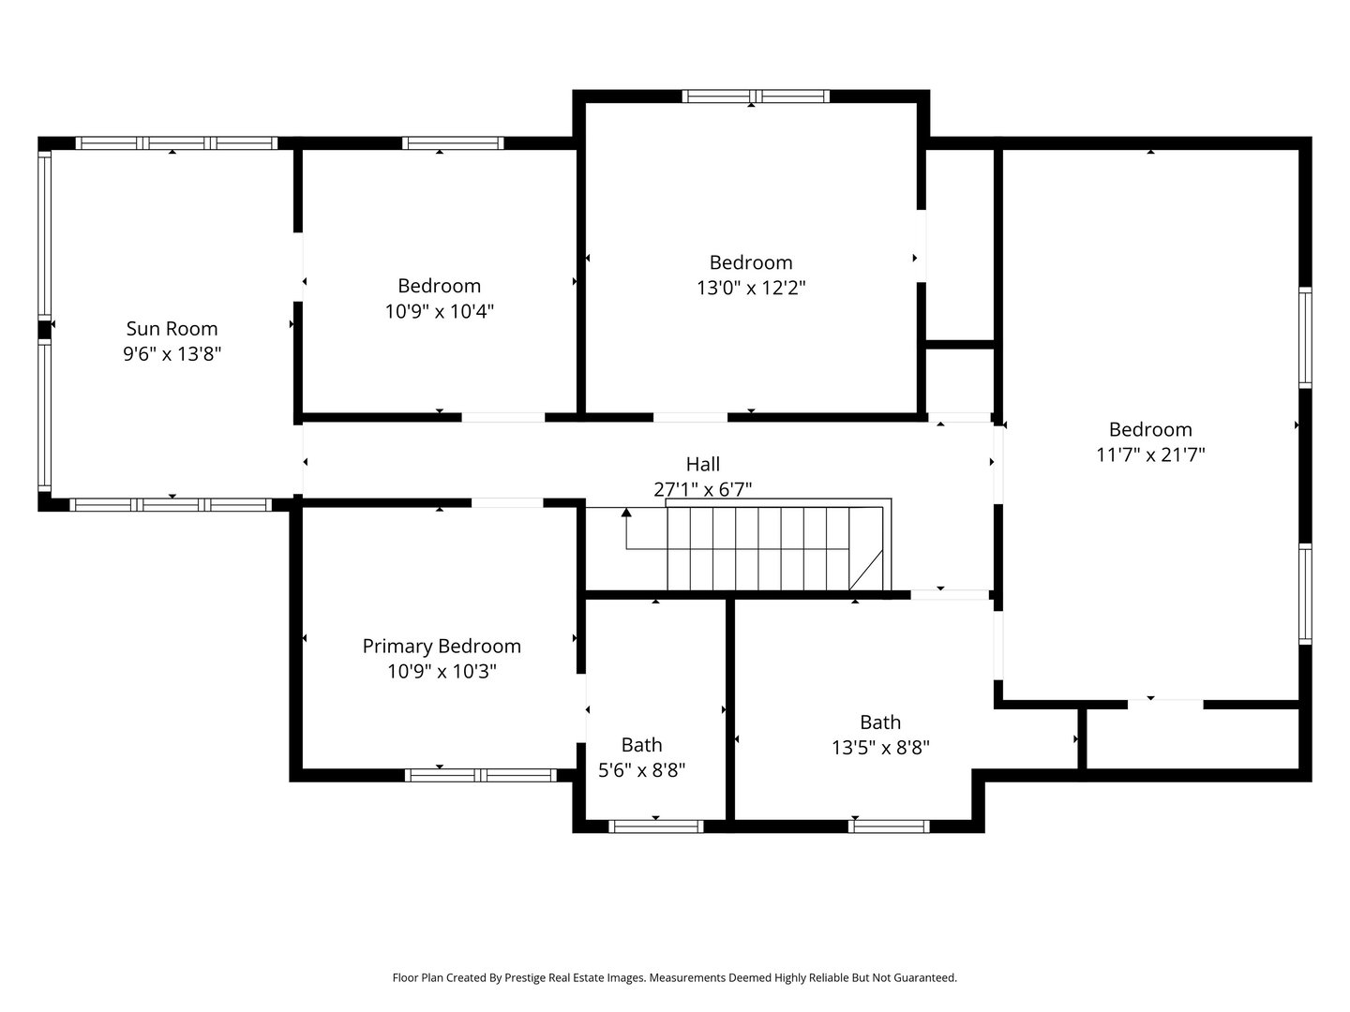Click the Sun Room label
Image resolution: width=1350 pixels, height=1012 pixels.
(172, 328)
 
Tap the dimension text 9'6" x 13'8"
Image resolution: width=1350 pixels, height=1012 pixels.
(172, 353)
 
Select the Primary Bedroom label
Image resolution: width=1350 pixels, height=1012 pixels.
(441, 646)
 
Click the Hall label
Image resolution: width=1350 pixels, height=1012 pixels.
(702, 464)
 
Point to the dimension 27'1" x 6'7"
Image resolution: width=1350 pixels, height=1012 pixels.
(702, 488)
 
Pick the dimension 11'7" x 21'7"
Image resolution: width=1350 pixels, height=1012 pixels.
(1150, 454)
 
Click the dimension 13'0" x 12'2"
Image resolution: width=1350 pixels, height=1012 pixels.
(750, 288)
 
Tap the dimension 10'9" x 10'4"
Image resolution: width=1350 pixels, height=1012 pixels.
(439, 310)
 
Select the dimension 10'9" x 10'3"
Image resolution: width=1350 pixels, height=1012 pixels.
(441, 671)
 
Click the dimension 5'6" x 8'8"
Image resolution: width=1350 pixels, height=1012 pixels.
(641, 770)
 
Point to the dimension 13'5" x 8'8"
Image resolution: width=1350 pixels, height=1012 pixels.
(879, 747)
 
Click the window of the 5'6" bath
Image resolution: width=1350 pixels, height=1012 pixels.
(655, 826)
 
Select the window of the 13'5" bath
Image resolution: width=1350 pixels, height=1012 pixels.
(888, 826)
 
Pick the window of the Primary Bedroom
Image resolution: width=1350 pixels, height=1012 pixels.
(480, 775)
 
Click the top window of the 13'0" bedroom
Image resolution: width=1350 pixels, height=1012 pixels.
(756, 96)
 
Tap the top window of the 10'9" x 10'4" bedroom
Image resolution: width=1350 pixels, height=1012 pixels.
(453, 143)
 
